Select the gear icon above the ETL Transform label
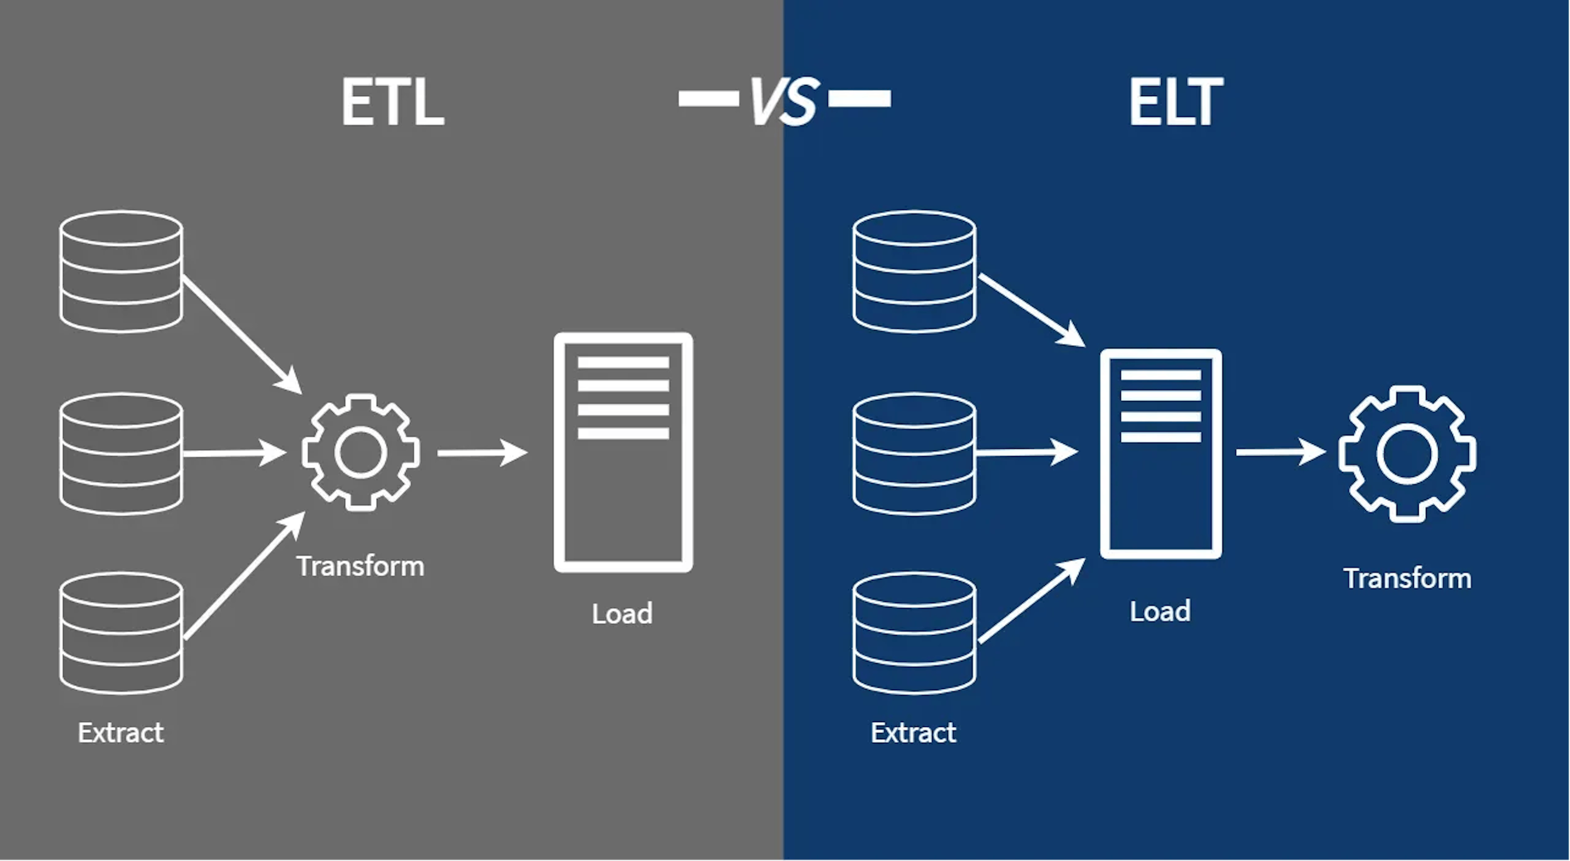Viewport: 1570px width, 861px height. tap(360, 452)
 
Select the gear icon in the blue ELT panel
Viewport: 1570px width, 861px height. tap(1406, 454)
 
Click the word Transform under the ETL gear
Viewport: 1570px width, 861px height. tap(360, 567)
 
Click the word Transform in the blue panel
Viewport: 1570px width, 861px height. tap(1406, 578)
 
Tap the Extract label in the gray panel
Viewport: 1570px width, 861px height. tap(121, 732)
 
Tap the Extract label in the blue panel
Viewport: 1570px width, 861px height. tap(913, 732)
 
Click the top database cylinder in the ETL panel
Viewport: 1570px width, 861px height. tap(121, 271)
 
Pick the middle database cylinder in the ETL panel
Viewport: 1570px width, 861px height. tap(121, 454)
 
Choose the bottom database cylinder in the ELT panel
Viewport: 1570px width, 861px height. tap(914, 633)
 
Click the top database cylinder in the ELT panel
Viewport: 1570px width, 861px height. tap(914, 271)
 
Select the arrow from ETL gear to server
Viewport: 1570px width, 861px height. tap(482, 453)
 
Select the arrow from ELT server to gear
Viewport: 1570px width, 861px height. tap(1280, 452)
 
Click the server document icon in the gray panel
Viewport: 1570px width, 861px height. tap(623, 452)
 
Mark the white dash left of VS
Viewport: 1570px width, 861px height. tap(708, 98)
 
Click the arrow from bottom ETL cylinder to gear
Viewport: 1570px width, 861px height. tap(244, 576)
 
